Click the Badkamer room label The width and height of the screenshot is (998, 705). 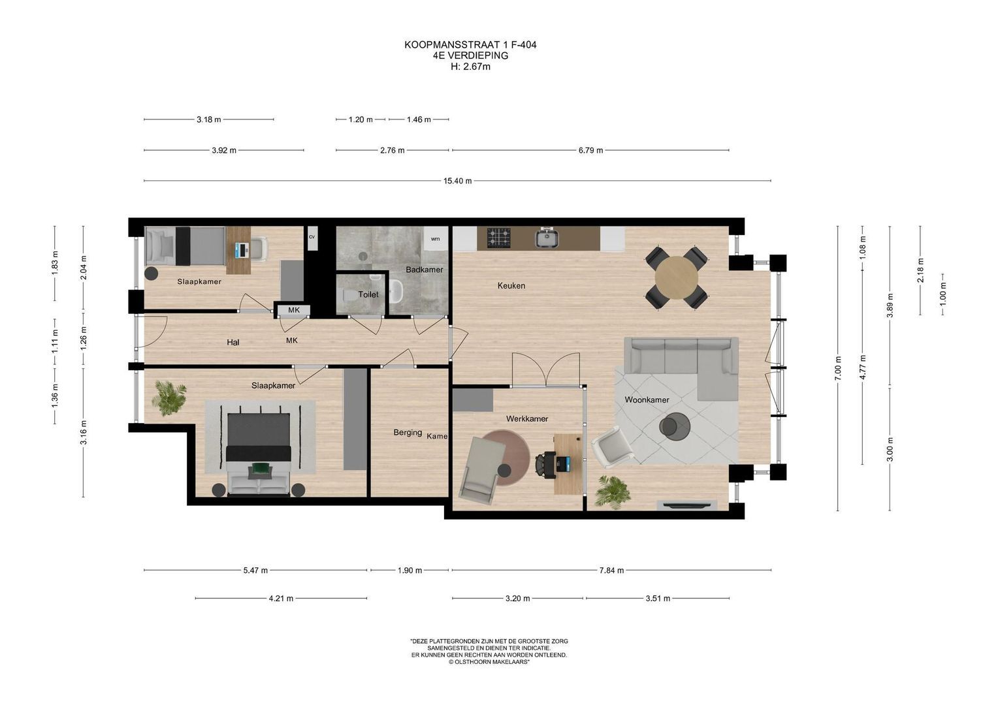(x=424, y=270)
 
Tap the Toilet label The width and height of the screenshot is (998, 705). (x=368, y=294)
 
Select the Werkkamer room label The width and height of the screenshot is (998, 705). (x=526, y=418)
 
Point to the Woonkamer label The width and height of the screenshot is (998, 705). (x=646, y=399)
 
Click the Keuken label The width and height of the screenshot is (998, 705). (x=511, y=285)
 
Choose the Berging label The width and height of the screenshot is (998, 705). (x=408, y=432)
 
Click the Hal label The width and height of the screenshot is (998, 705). (x=233, y=342)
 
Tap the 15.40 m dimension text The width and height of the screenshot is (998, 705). (x=457, y=181)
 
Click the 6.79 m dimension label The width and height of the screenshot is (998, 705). (x=590, y=150)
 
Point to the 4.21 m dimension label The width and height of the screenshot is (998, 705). (x=281, y=598)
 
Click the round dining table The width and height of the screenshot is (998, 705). (x=676, y=277)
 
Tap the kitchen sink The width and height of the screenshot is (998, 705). (x=547, y=238)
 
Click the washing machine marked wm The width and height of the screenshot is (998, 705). (x=435, y=239)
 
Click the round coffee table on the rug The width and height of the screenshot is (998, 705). (x=675, y=427)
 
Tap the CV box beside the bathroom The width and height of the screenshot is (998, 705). (x=312, y=238)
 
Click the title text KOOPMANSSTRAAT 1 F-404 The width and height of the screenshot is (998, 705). (x=470, y=45)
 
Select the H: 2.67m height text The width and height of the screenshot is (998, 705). (x=470, y=66)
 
